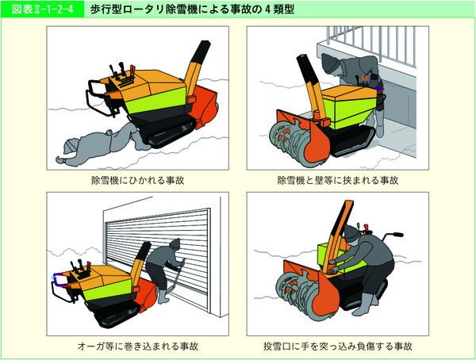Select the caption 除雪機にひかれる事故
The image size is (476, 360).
(137, 181)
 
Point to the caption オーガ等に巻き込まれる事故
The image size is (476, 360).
(137, 347)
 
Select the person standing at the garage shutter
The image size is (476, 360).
(166, 274)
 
